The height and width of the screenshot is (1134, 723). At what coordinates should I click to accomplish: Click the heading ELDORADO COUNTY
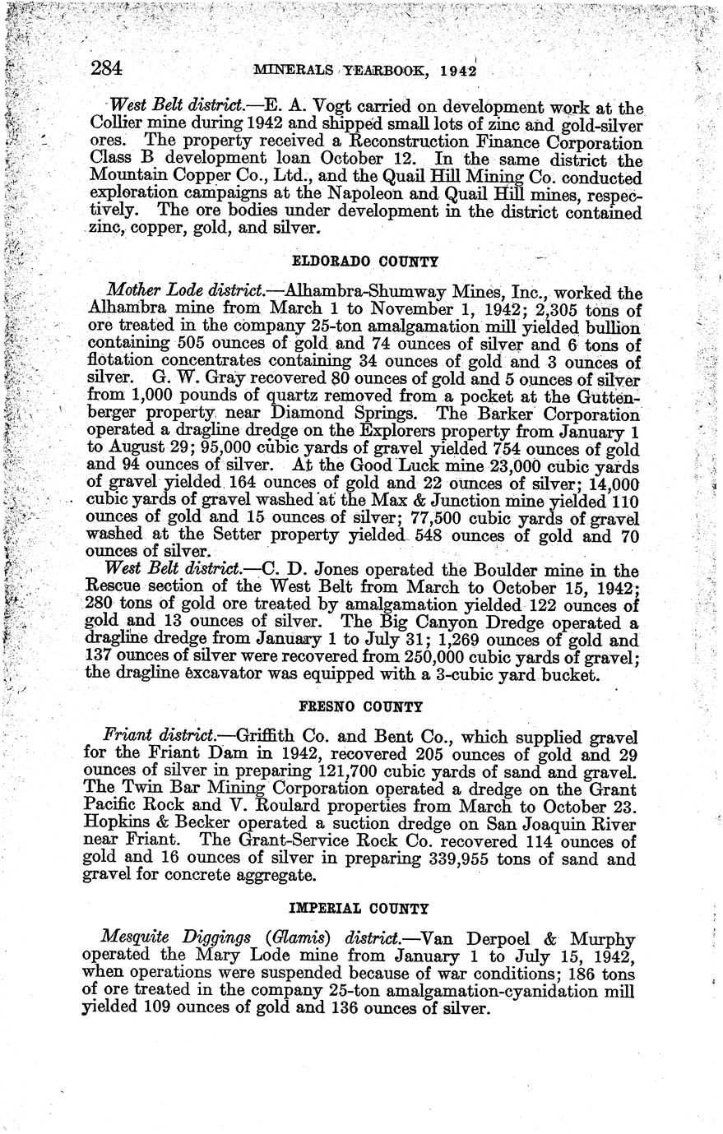366,262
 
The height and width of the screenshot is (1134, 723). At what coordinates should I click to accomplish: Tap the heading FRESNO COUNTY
360,706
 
